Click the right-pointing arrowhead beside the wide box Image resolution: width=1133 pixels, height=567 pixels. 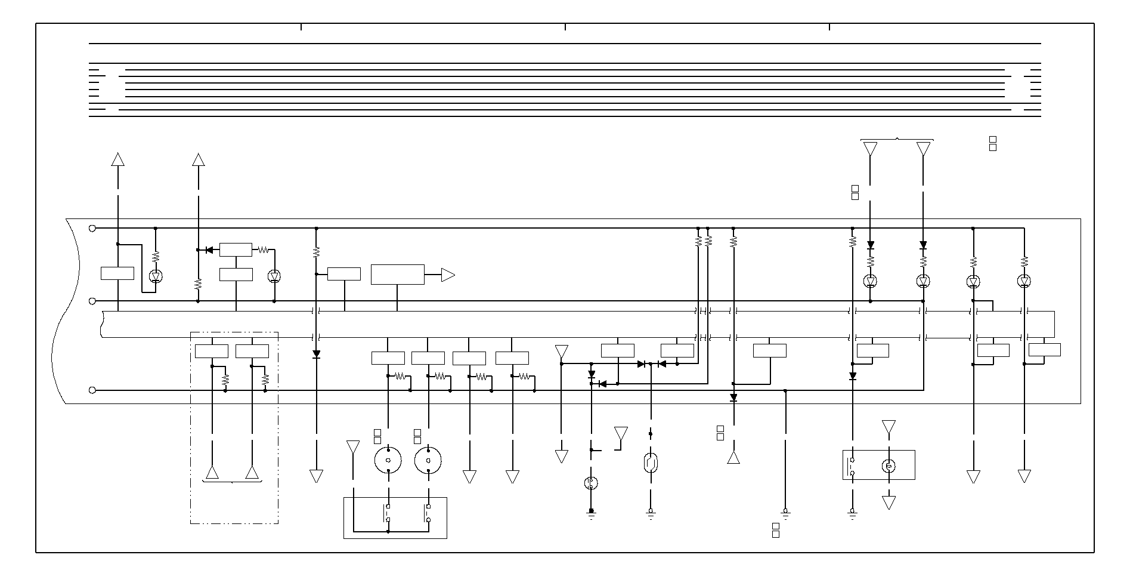447,275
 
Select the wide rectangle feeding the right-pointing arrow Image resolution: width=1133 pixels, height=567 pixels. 398,275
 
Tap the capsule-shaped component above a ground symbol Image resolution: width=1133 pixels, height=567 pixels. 651,463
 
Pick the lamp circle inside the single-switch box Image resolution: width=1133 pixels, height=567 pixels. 889,466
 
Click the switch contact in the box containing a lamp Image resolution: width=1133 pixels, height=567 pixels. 852,466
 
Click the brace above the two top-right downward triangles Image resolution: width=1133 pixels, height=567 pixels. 897,140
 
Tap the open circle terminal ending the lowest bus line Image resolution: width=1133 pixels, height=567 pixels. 92,390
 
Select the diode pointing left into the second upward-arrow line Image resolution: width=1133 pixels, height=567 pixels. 209,250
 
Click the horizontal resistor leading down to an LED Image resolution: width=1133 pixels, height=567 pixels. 262,250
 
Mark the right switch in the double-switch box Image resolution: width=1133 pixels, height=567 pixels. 428,513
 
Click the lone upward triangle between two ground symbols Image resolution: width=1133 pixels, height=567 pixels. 733,458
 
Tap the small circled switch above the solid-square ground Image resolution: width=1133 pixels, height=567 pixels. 591,483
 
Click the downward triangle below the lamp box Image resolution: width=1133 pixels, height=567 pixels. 889,503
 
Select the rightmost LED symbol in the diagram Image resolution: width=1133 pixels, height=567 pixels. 1024,281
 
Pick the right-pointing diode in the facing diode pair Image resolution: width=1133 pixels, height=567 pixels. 642,364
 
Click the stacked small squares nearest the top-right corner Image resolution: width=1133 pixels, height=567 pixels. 993,144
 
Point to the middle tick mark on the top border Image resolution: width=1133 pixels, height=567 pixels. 565,27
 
